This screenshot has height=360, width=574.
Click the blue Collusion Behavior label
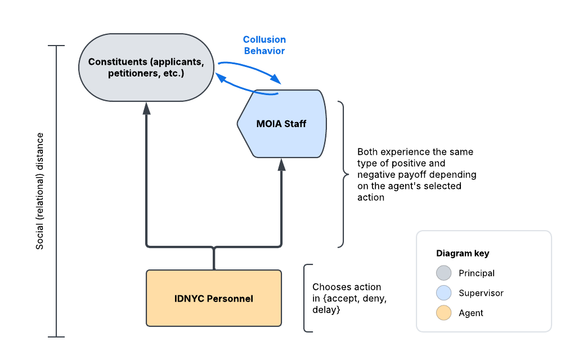(264, 45)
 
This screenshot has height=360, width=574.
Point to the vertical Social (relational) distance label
(40, 191)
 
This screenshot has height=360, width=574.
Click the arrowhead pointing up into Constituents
(147, 108)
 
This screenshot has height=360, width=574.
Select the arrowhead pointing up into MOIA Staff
(281, 164)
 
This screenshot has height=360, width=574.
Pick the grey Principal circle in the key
(444, 273)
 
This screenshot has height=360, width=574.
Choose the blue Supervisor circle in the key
(444, 293)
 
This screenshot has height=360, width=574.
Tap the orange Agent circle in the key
(444, 313)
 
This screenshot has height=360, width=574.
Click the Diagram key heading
(463, 253)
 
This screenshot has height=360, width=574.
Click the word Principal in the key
(477, 273)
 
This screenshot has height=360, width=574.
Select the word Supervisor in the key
(481, 293)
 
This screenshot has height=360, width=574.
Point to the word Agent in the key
(471, 313)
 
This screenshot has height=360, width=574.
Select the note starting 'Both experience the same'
(416, 174)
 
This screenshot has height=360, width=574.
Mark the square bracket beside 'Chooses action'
(306, 298)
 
